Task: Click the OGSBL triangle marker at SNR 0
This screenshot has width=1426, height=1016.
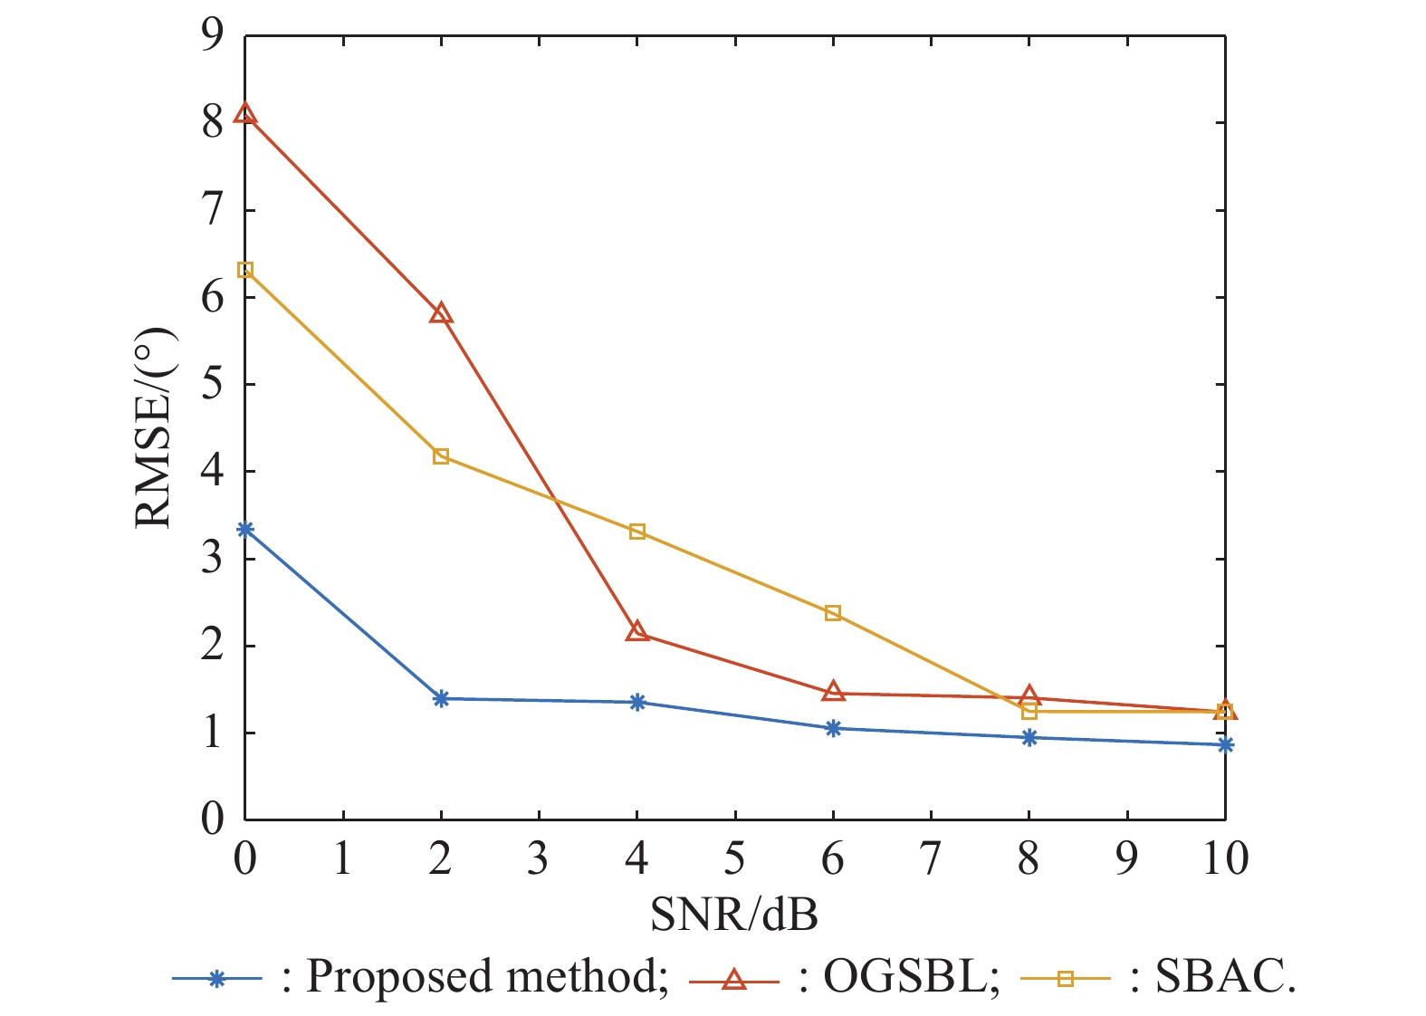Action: point(244,114)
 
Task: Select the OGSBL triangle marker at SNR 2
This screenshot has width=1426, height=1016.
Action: point(441,314)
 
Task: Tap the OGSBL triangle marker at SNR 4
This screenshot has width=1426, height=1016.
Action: point(637,631)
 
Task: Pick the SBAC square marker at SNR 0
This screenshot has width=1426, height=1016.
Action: point(244,270)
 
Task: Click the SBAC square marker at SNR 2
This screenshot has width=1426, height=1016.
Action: point(441,456)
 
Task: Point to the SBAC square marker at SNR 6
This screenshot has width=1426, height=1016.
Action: point(833,613)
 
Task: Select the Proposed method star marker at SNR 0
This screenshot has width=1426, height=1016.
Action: point(244,529)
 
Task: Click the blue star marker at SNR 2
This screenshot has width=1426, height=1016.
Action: point(441,698)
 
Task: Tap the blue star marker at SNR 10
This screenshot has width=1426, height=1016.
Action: point(1225,744)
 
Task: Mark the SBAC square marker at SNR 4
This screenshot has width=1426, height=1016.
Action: point(637,532)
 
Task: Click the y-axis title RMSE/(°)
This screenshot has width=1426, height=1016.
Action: point(154,427)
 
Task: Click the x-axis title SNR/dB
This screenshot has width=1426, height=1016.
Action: point(734,915)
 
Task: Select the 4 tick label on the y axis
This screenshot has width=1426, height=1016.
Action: point(212,472)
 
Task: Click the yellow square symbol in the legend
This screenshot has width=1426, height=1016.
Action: point(1066,979)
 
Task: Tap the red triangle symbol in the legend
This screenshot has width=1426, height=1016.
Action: point(734,979)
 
